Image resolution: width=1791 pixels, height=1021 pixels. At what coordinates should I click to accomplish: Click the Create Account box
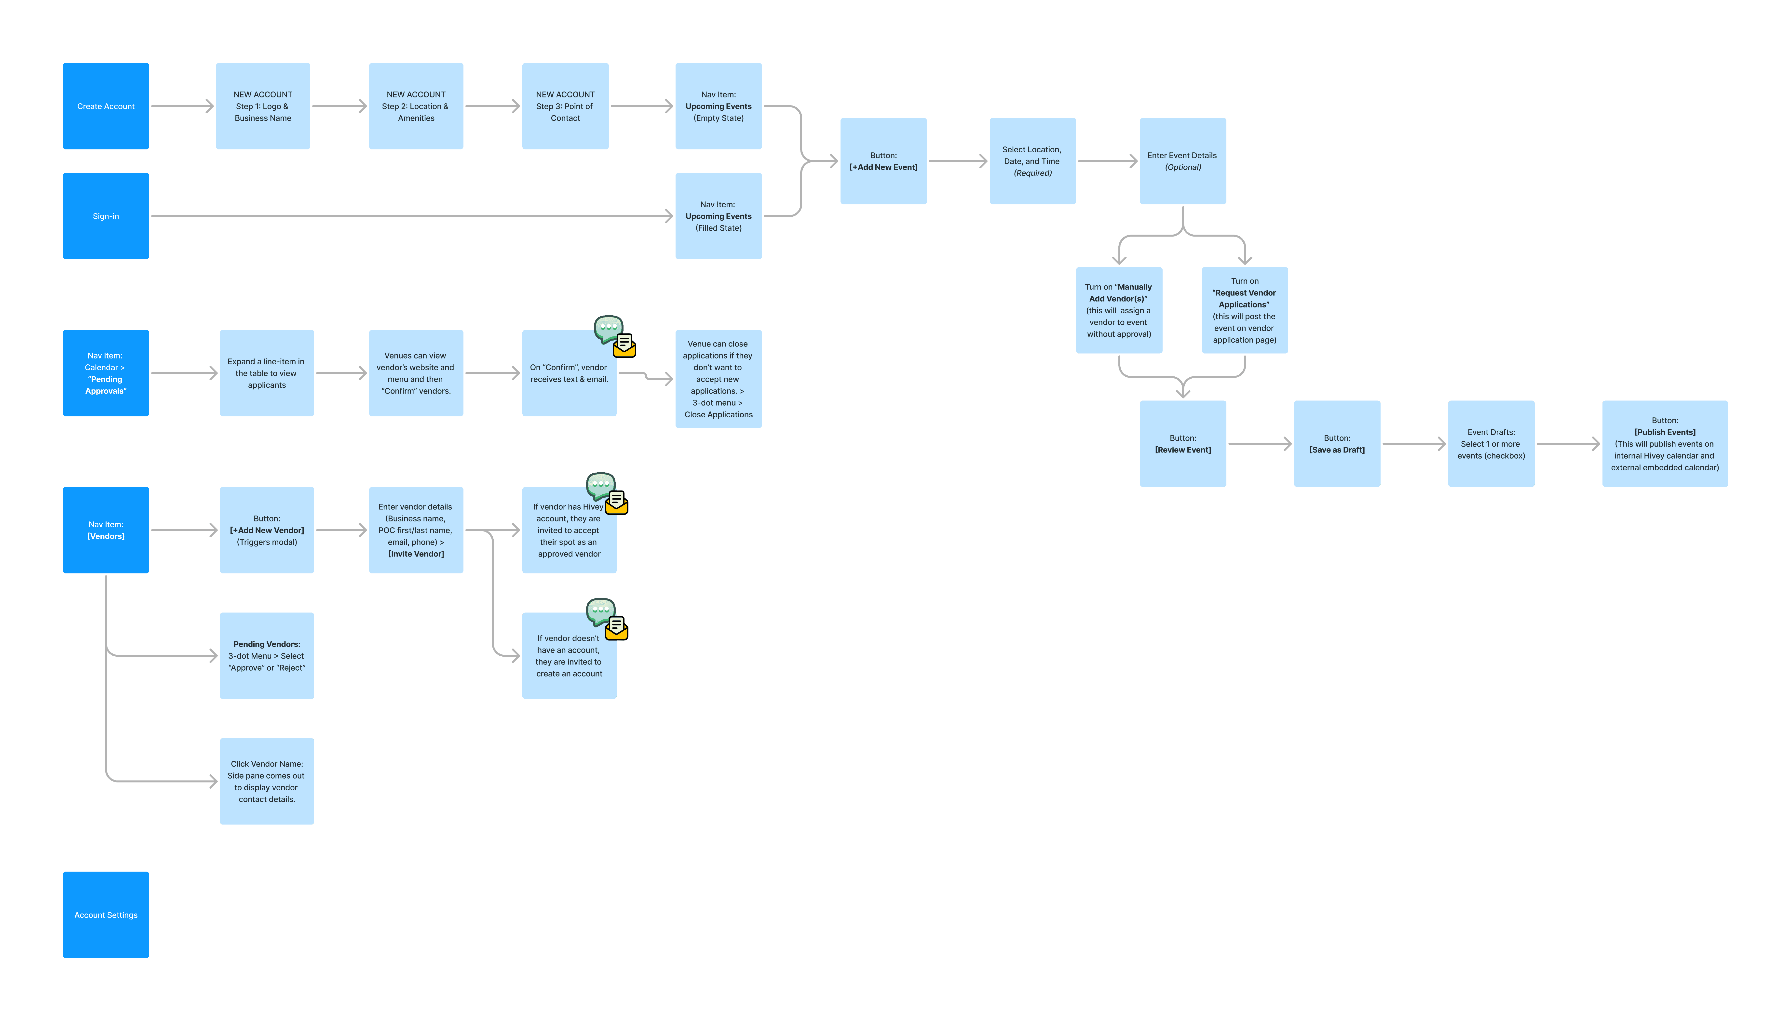tap(106, 106)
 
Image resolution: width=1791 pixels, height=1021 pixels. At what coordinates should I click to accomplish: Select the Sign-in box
tap(106, 216)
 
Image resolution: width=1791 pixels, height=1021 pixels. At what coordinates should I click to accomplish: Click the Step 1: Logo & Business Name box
tap(263, 106)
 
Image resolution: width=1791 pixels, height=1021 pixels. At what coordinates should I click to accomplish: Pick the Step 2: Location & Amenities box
tap(416, 106)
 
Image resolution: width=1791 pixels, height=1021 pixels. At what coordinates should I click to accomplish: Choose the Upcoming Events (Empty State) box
tap(718, 106)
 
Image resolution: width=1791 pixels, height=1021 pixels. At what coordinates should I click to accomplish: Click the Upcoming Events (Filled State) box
tap(718, 216)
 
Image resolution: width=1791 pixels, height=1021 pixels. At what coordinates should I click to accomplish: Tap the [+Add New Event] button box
tap(883, 161)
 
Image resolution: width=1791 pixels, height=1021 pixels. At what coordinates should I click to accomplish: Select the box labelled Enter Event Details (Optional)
tap(1183, 161)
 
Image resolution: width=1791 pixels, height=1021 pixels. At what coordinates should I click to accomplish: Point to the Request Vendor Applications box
tap(1245, 310)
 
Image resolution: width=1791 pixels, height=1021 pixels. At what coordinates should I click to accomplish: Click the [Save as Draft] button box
tap(1337, 444)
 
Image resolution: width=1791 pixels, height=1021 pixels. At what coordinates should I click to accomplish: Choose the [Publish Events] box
tap(1665, 444)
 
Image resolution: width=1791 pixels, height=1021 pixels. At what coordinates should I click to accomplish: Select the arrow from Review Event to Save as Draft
tap(1260, 444)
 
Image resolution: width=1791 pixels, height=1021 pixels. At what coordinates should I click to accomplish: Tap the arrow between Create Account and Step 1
tap(182, 106)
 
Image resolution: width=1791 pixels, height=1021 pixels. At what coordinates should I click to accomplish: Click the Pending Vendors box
tap(267, 656)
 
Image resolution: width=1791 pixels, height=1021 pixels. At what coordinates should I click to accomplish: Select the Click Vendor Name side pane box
tap(267, 781)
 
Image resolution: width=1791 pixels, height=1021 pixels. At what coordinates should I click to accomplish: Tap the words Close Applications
tap(718, 414)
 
